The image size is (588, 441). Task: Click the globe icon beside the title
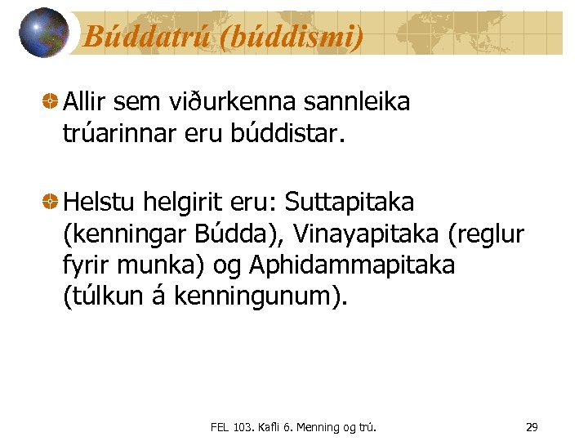pyautogui.click(x=43, y=33)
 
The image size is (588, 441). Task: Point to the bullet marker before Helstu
pyautogui.click(x=50, y=201)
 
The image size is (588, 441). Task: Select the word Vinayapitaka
pyautogui.click(x=368, y=234)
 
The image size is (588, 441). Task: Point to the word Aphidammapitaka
pyautogui.click(x=352, y=265)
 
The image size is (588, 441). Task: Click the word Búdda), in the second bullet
pyautogui.click(x=240, y=234)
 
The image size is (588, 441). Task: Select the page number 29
pyautogui.click(x=531, y=426)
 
